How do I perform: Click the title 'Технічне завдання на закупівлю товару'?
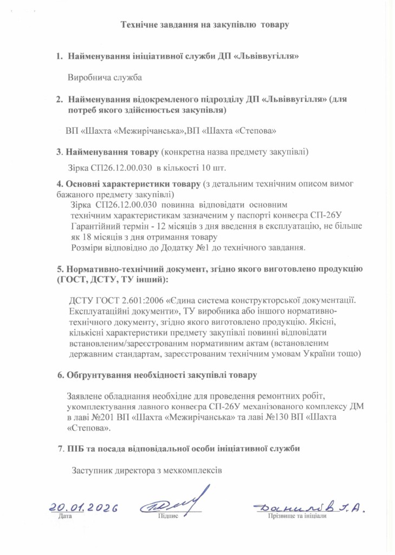click(205, 24)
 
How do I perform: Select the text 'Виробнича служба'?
click(105, 78)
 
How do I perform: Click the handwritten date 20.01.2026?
click(84, 508)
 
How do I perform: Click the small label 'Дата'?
click(64, 517)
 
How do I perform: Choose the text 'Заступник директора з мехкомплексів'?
click(147, 469)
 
